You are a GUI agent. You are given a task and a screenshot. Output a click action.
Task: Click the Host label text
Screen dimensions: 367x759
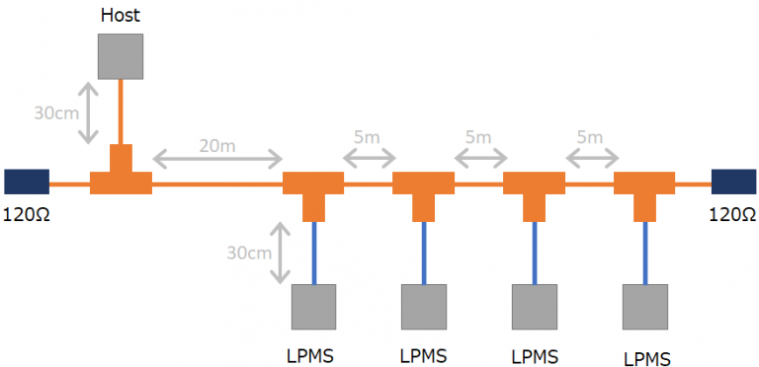point(121,16)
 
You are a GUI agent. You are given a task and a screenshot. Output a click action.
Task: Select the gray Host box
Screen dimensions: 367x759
point(121,56)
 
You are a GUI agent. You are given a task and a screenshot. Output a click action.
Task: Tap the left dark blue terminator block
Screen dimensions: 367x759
point(27,182)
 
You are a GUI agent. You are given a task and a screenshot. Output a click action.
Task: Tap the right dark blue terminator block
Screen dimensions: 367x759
point(733,182)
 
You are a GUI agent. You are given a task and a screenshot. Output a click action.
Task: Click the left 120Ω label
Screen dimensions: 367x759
point(26,212)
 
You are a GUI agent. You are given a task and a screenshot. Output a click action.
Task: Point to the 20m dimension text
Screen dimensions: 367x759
point(217,144)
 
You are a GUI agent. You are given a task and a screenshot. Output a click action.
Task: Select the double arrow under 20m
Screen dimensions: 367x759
point(217,159)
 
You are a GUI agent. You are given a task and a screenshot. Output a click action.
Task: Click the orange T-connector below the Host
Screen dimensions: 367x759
point(121,176)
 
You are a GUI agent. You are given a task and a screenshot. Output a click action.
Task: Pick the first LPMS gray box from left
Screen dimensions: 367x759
point(313,307)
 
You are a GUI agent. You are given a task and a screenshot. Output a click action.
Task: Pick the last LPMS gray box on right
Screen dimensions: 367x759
point(645,307)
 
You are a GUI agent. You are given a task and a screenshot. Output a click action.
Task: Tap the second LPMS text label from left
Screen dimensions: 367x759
point(424,355)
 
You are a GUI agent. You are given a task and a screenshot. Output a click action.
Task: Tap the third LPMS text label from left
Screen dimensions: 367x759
point(535,355)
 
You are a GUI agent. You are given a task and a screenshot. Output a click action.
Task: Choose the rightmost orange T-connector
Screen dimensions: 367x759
point(645,189)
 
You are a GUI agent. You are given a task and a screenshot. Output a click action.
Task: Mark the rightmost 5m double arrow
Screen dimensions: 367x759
point(591,157)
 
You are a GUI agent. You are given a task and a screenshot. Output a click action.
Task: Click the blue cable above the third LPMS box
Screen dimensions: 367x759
point(535,253)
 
